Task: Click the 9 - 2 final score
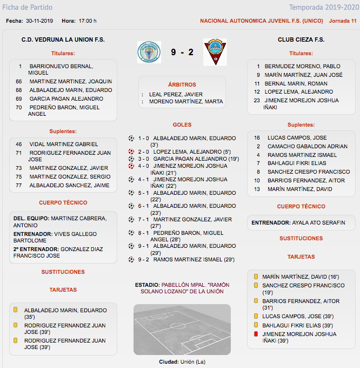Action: [182, 52]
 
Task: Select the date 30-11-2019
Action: [39, 21]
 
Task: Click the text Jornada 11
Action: [343, 21]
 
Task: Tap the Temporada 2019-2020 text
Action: [323, 8]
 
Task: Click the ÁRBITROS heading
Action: [182, 85]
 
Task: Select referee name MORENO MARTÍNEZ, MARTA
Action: [186, 101]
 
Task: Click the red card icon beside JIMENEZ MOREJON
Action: [256, 334]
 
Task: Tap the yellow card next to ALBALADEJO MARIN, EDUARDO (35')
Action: [16, 311]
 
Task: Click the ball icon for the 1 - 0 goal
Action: [131, 138]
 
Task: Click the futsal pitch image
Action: [182, 330]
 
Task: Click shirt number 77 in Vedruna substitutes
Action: [19, 185]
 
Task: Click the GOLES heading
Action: [182, 125]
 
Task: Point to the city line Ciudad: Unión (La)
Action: [182, 362]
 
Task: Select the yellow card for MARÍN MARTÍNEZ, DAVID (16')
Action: [256, 277]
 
